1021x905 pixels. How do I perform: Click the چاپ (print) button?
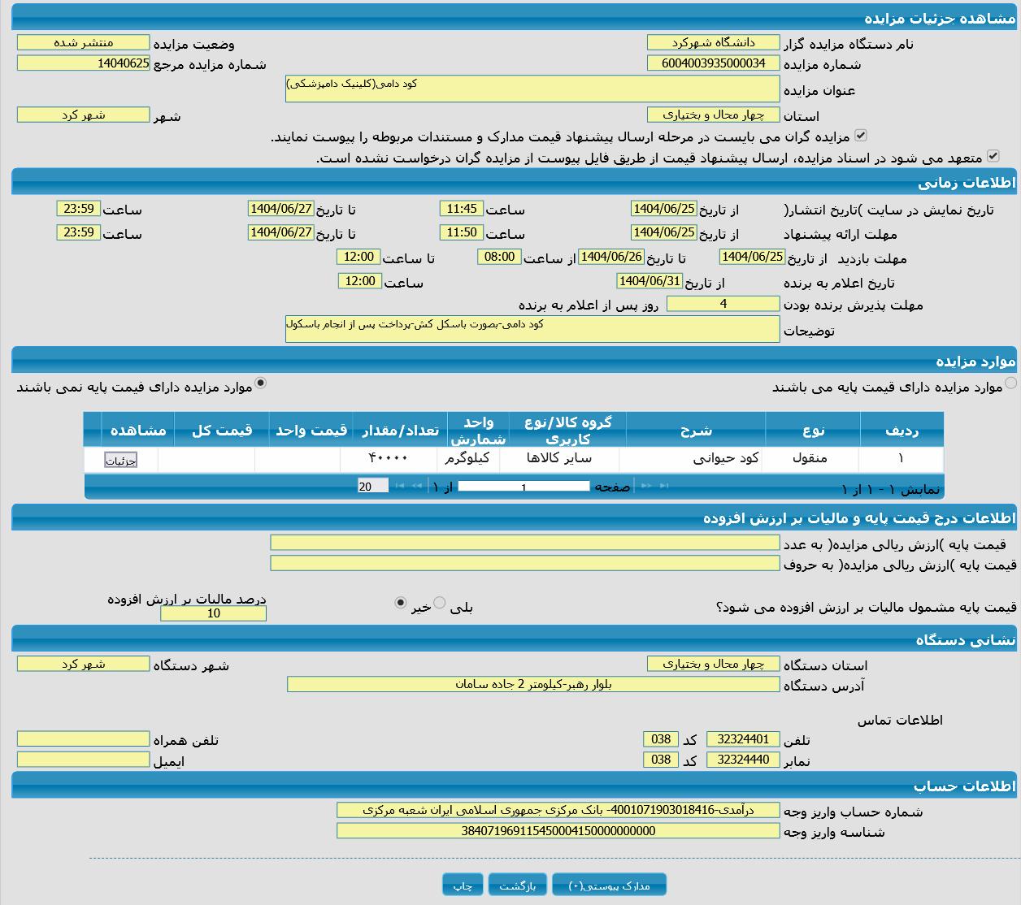click(x=463, y=885)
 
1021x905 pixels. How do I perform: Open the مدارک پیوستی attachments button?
click(x=609, y=885)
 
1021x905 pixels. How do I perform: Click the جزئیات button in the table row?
click(x=120, y=461)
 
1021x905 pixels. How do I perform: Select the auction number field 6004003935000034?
click(x=713, y=63)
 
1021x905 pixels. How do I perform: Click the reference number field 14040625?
click(x=83, y=63)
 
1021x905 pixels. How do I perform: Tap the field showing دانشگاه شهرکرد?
click(x=713, y=42)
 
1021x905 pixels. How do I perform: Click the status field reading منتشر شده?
click(x=83, y=42)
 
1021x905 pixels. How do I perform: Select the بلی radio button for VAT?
click(x=440, y=603)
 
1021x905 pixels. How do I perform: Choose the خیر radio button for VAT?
click(x=400, y=603)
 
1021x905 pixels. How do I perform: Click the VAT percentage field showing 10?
click(x=213, y=613)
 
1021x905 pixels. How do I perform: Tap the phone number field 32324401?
click(x=743, y=739)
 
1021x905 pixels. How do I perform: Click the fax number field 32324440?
click(x=743, y=760)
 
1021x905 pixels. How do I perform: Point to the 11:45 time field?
click(x=462, y=209)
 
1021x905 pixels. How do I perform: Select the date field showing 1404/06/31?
click(x=650, y=281)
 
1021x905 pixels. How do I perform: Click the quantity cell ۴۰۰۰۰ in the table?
click(x=389, y=458)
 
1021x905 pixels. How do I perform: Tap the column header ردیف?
click(x=901, y=430)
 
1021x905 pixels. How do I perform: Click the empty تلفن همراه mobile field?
click(x=83, y=739)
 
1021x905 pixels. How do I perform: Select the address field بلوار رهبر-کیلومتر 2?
click(x=533, y=684)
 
